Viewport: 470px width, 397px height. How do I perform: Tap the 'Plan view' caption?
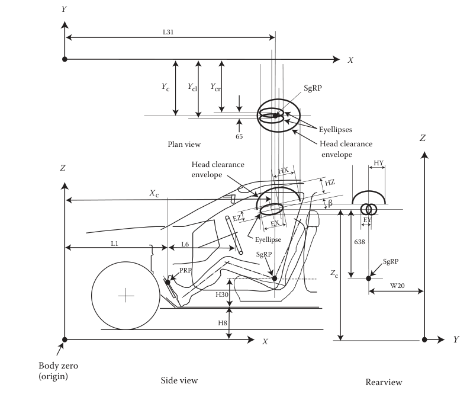(x=184, y=144)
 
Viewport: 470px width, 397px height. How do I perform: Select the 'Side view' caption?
(x=179, y=380)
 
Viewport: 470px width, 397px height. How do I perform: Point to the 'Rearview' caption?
(x=384, y=382)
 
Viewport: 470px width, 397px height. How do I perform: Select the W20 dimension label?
(x=398, y=285)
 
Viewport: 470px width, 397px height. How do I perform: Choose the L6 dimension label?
(x=185, y=244)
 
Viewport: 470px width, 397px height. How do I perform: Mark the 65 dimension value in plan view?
(x=239, y=136)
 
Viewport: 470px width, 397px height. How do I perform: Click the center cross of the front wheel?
(x=125, y=295)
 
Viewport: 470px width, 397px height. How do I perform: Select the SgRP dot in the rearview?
(x=368, y=278)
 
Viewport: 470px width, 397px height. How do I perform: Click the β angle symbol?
(x=330, y=203)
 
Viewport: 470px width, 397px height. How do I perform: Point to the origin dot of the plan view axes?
(x=65, y=59)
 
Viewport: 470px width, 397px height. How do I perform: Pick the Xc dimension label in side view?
(x=154, y=194)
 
